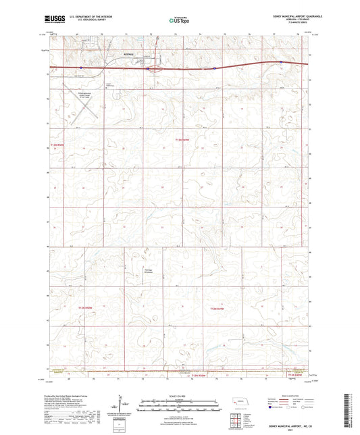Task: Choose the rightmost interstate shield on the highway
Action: coord(280,63)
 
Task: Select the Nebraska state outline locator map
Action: coord(241,401)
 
